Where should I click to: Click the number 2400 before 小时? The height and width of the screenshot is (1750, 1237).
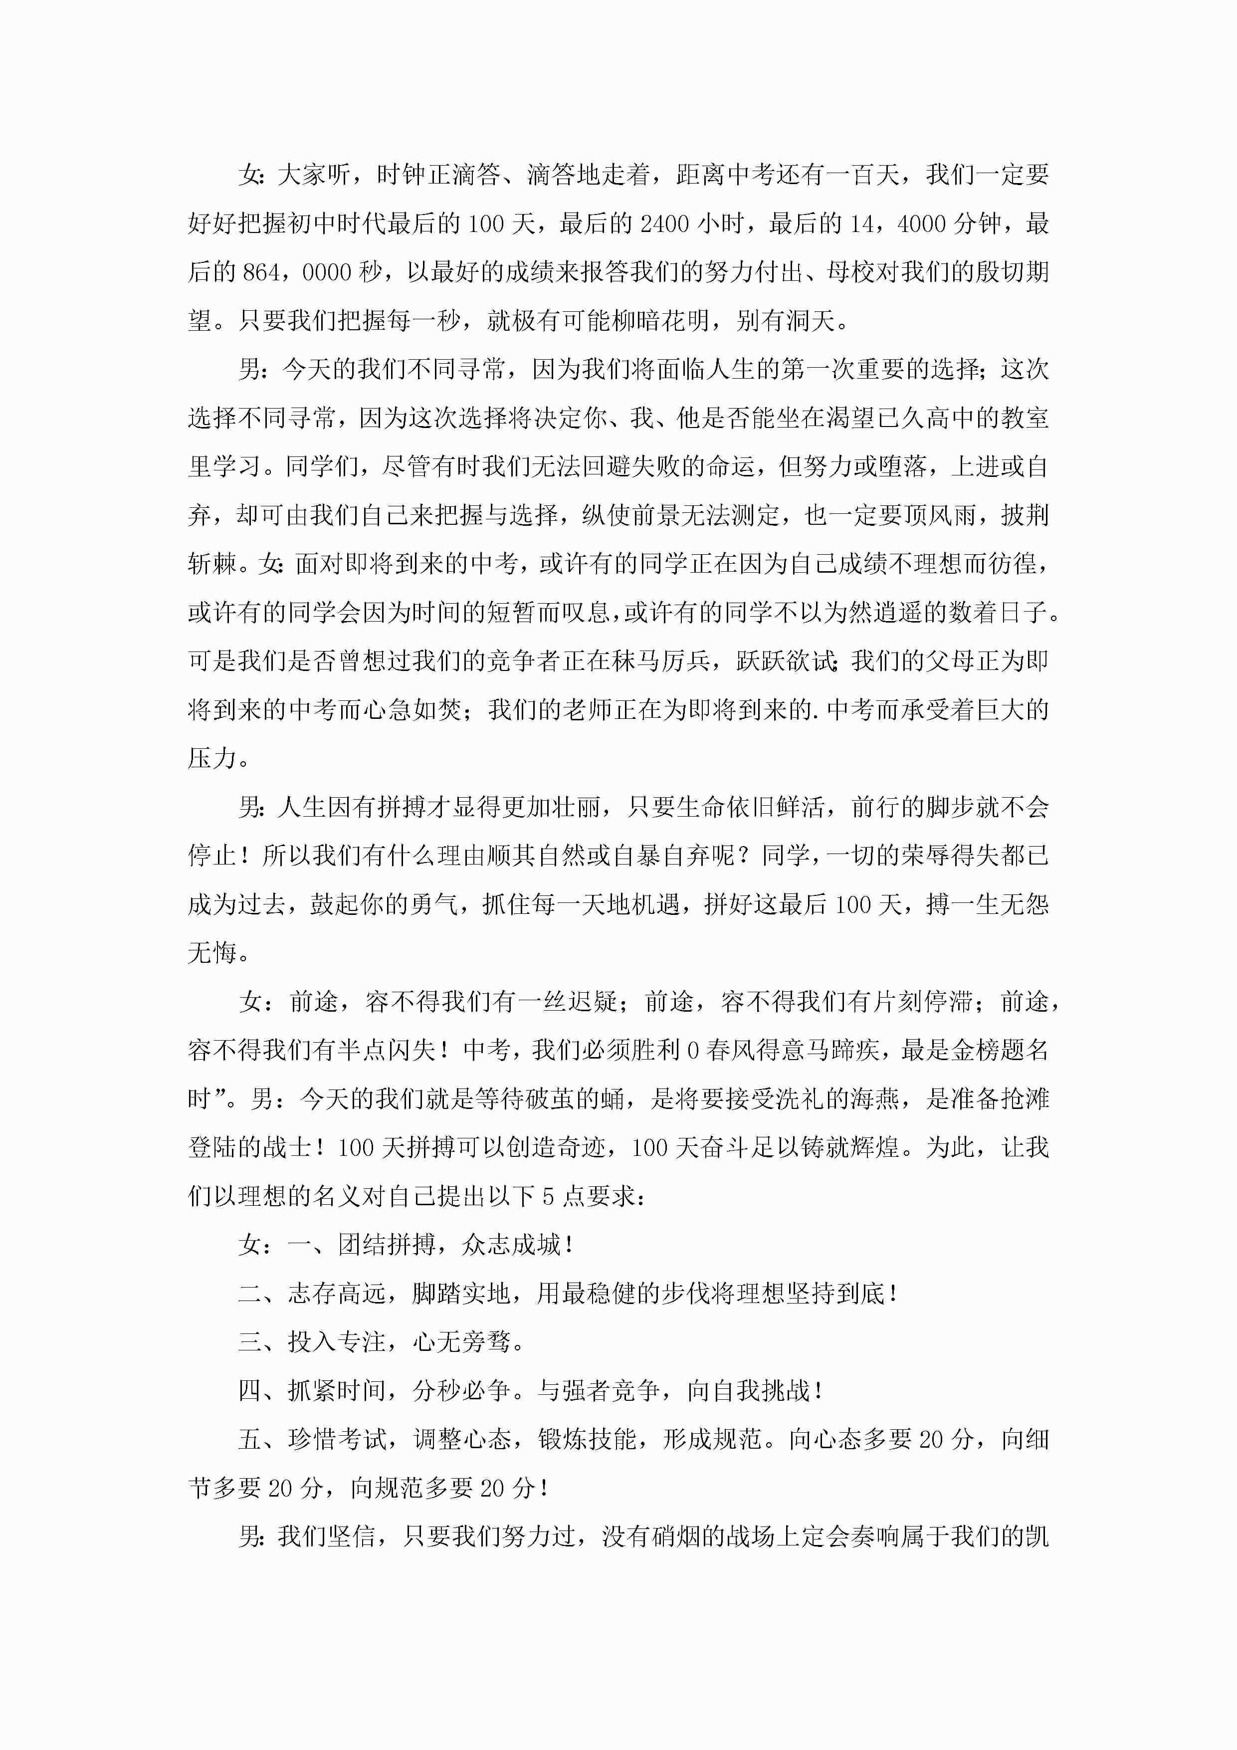click(664, 224)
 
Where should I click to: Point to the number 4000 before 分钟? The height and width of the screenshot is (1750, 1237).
click(924, 224)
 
